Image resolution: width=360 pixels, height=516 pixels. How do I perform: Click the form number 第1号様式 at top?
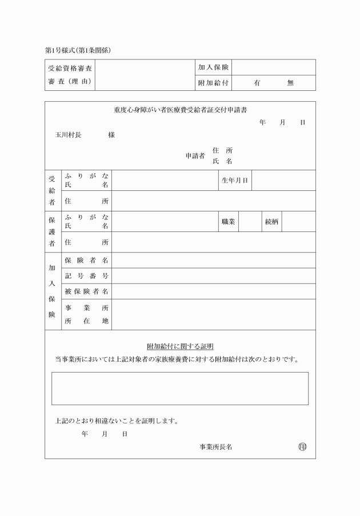coord(61,50)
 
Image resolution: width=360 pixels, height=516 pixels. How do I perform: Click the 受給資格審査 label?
coord(70,67)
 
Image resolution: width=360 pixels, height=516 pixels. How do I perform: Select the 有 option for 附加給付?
coord(258,83)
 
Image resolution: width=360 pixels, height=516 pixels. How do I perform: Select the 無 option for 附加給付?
coord(290,83)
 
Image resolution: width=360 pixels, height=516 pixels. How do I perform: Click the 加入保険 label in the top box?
coord(214,67)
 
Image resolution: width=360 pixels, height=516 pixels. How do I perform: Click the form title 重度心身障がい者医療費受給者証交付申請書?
coord(180,110)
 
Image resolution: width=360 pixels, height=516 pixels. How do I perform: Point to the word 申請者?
coord(195,155)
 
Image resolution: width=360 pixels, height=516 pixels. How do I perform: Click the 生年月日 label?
coord(235,181)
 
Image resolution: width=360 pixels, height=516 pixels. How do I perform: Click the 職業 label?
coord(228,222)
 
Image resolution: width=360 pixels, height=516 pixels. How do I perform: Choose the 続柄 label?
coord(271,222)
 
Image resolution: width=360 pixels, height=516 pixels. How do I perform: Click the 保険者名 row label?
coord(87,261)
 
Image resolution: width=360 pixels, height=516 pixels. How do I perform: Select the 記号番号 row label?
coord(87,276)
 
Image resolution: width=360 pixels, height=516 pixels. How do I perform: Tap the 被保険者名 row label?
coord(87,291)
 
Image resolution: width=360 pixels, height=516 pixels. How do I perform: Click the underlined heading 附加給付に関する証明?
coord(180,346)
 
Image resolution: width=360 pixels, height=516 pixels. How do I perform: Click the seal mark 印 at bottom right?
coord(302,446)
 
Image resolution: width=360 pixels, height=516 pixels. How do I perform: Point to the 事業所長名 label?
coord(215,447)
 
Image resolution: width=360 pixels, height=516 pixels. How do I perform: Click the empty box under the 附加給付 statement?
coord(180,389)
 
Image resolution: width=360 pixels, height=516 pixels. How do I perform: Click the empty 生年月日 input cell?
coord(283,181)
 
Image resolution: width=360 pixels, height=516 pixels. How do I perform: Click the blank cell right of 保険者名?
coord(214,261)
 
